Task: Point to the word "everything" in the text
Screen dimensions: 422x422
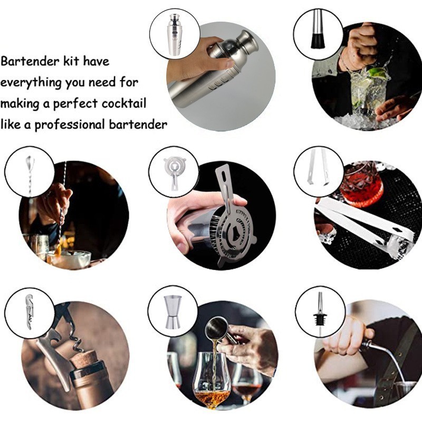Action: pos(31,83)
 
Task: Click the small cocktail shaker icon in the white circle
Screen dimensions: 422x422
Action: pos(175,34)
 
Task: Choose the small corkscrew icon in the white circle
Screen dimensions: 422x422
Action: pos(30,312)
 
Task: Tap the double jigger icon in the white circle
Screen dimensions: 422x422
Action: pos(173,312)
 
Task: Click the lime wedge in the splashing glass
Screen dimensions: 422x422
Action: pos(379,73)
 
